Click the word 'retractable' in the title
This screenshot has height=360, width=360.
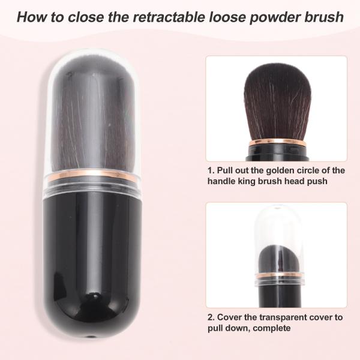pos(169,17)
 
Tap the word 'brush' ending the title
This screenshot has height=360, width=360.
pos(324,17)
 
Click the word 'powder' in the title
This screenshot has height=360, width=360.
pos(275,17)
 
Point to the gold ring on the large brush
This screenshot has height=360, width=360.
pos(92,175)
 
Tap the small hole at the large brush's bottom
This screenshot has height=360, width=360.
pos(91,337)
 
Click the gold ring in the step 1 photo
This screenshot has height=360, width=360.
pos(277,143)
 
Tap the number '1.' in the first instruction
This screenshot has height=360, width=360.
pos(211,170)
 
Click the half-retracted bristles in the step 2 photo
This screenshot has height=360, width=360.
pos(278,259)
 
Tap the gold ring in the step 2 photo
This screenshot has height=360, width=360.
pos(280,275)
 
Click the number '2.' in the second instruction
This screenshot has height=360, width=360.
pos(211,317)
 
